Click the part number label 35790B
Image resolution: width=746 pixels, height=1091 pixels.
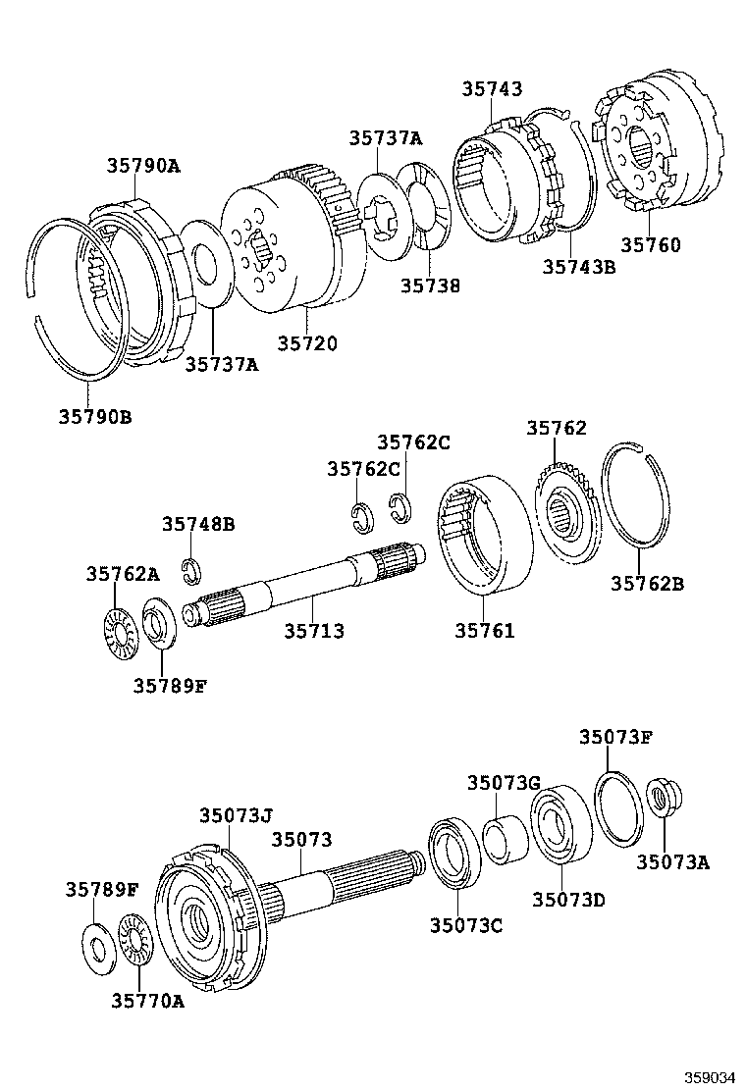click(94, 417)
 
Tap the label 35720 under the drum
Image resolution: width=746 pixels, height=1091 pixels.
click(306, 343)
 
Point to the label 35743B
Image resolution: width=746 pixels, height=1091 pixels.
click(579, 265)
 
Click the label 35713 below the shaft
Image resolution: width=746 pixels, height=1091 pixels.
click(314, 631)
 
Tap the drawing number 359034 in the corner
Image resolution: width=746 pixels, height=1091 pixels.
click(711, 1077)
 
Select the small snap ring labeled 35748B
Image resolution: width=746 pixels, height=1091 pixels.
click(193, 568)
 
